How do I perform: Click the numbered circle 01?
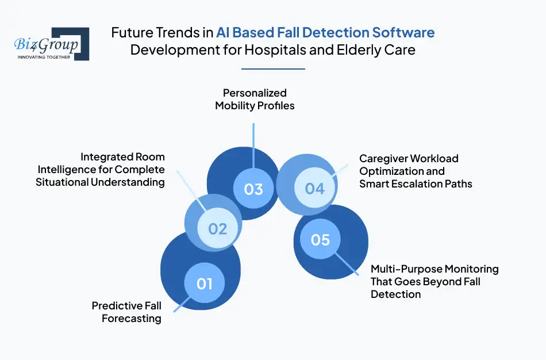pyautogui.click(x=205, y=283)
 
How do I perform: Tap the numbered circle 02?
pyautogui.click(x=217, y=229)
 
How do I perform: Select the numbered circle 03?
pyautogui.click(x=253, y=189)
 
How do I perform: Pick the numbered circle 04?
pyautogui.click(x=314, y=188)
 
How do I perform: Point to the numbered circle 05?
pyautogui.click(x=320, y=239)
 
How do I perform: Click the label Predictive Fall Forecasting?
pyautogui.click(x=126, y=312)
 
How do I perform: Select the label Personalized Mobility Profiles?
pyautogui.click(x=255, y=99)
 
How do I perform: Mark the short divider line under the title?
pyautogui.click(x=273, y=69)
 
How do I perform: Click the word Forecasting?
pyautogui.click(x=132, y=319)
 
